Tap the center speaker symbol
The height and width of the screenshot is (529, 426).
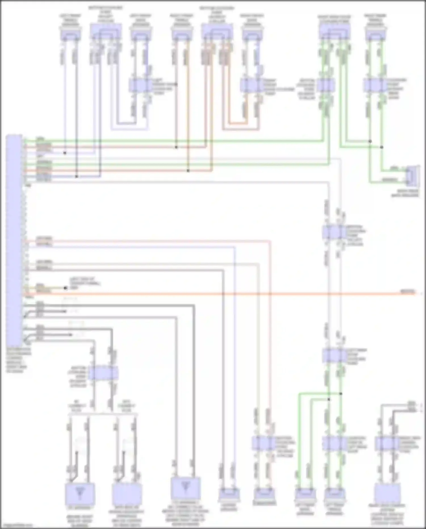229,495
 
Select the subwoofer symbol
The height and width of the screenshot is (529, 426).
264,495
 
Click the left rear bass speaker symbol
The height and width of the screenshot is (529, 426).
305,495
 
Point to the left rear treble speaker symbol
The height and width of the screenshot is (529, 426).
335,495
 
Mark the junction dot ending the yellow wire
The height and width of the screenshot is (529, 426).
66,288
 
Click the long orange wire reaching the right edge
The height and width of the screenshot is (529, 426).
227,293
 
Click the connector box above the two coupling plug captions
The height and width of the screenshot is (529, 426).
103,373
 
